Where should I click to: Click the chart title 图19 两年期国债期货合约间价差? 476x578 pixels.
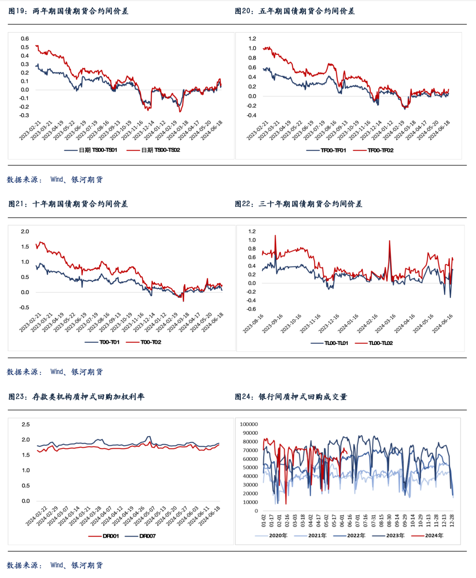(x=68, y=11)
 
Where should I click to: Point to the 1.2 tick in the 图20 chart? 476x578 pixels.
(x=252, y=39)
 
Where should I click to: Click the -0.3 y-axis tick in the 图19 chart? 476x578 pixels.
(x=24, y=115)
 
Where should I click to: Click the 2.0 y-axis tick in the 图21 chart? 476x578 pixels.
(x=25, y=231)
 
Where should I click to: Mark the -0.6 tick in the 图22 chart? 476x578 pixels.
(x=251, y=309)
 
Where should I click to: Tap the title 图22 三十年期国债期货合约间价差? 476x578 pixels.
(x=298, y=204)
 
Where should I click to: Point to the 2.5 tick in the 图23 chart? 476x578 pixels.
(x=26, y=424)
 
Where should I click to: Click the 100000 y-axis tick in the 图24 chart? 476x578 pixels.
(x=249, y=424)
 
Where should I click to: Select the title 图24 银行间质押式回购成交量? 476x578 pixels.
(x=291, y=397)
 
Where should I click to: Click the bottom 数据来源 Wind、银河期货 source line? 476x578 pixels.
(x=55, y=565)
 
